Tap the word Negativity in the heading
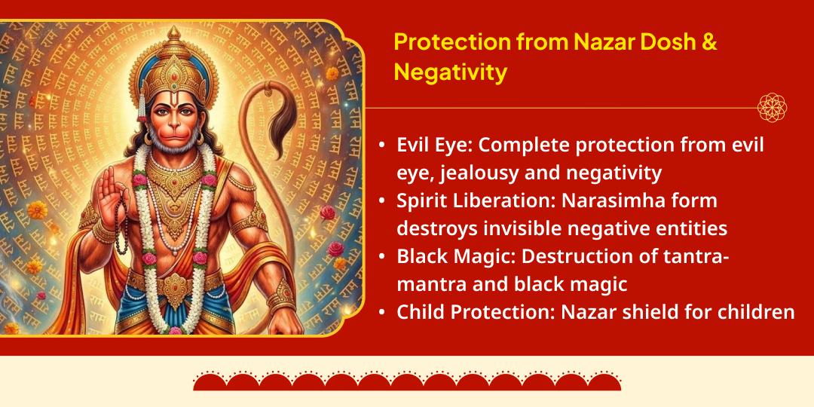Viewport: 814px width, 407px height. point(450,73)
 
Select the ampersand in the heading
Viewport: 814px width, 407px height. point(709,42)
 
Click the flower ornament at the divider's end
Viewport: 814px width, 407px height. point(772,107)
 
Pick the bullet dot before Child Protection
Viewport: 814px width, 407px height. point(383,311)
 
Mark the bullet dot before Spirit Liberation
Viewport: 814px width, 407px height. point(383,201)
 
